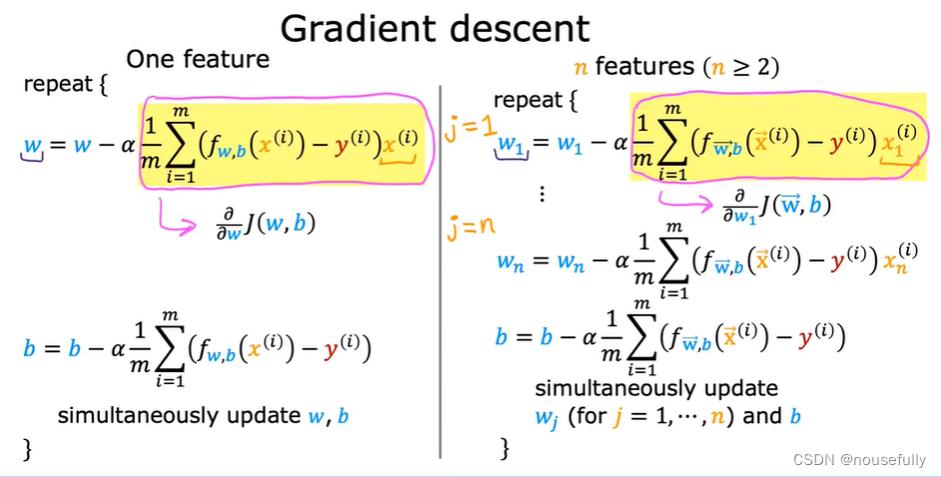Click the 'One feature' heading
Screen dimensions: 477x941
tap(198, 59)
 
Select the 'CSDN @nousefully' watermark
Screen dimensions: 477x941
tap(859, 459)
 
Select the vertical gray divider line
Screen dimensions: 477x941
tap(440, 269)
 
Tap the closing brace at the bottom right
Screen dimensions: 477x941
tap(505, 449)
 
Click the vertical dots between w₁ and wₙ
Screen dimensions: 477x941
tap(543, 194)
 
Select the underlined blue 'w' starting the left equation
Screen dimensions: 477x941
tap(32, 148)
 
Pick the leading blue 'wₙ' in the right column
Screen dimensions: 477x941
tap(512, 262)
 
